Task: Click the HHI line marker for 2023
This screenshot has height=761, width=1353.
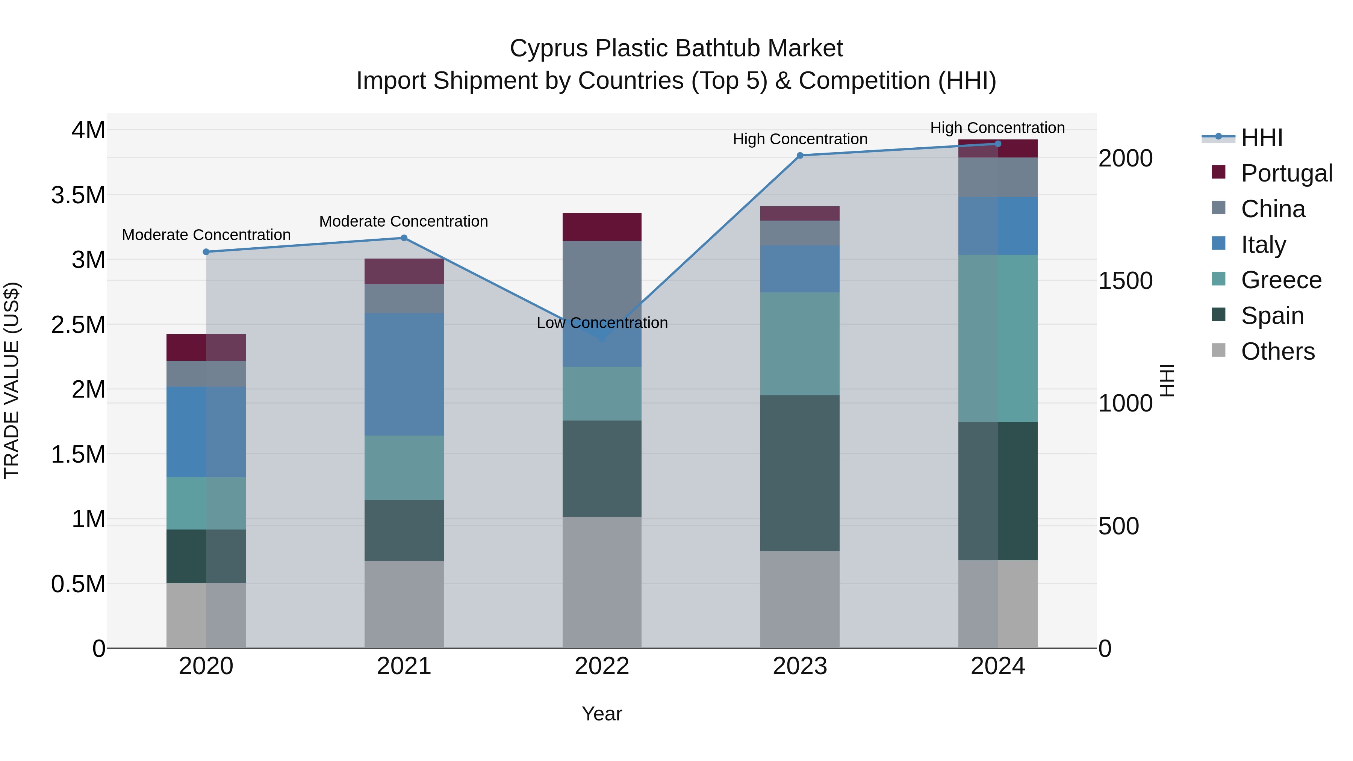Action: point(800,156)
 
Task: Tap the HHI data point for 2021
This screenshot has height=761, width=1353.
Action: point(404,238)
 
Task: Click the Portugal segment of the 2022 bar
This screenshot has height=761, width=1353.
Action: point(602,227)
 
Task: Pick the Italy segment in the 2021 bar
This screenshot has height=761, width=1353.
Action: point(404,374)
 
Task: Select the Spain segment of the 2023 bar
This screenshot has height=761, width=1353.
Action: point(800,473)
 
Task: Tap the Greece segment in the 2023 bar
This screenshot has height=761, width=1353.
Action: point(800,343)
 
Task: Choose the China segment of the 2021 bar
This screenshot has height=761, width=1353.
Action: point(404,298)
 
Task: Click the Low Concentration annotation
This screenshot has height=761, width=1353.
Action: point(602,322)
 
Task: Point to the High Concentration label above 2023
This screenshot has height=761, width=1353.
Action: point(800,139)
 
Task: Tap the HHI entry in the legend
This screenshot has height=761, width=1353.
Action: point(1262,138)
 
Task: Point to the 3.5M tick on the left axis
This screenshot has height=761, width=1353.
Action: point(78,195)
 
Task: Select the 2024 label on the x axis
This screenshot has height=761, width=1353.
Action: point(997,666)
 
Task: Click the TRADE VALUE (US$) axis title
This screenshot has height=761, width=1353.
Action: point(12,380)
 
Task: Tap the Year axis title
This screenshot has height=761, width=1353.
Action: point(602,714)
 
